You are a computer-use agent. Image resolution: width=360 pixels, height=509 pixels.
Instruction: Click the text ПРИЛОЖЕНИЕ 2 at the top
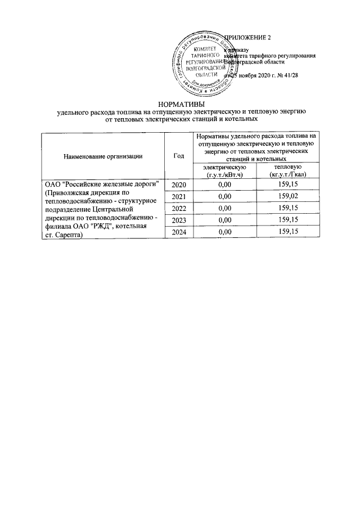click(x=248, y=38)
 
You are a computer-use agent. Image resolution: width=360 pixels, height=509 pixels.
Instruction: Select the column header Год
click(x=178, y=155)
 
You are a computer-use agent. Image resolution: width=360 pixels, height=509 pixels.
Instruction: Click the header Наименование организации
click(x=102, y=155)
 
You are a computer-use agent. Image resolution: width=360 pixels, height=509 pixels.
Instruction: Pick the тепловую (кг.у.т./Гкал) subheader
click(x=287, y=171)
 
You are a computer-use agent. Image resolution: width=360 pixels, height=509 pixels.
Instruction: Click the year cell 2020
click(x=178, y=184)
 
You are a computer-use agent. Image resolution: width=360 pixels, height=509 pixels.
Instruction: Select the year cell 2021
click(x=178, y=196)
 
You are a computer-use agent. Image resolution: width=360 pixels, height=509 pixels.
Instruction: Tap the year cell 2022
click(x=178, y=208)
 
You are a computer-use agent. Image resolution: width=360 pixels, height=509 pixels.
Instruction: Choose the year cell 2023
click(x=178, y=220)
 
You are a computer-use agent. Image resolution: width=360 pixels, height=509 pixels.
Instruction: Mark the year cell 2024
click(x=178, y=232)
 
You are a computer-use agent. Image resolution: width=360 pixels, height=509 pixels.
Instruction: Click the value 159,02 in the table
click(x=288, y=196)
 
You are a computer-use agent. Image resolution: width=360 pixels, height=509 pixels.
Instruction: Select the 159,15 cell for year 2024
click(x=288, y=232)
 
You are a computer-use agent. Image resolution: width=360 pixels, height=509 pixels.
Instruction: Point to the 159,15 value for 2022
click(x=288, y=208)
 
